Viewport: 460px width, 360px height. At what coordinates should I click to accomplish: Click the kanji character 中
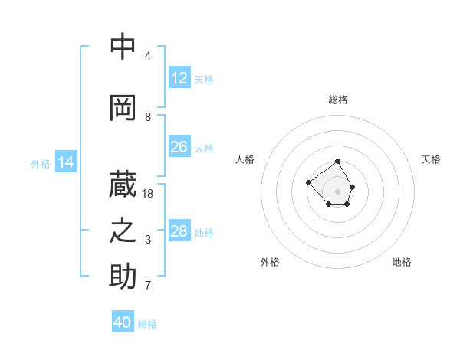tap(123, 47)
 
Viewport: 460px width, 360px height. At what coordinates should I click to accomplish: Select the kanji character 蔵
tap(123, 184)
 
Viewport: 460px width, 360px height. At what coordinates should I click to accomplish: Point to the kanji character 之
tap(123, 231)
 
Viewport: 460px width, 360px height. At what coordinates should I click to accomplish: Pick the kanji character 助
tap(123, 277)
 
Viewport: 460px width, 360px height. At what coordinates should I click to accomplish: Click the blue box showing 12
tap(179, 78)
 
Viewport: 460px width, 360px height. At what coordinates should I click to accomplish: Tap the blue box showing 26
tap(179, 146)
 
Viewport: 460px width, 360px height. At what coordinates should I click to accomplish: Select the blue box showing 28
tap(179, 231)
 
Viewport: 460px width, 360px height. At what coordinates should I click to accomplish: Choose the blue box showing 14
tap(66, 162)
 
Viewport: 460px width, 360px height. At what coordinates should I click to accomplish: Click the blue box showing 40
tap(123, 322)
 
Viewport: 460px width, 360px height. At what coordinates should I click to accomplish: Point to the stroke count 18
tap(148, 194)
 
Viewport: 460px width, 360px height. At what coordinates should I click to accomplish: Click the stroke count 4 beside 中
tap(148, 56)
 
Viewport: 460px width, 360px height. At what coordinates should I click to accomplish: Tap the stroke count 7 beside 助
tap(148, 286)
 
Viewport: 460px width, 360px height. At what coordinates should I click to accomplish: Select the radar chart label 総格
tap(338, 100)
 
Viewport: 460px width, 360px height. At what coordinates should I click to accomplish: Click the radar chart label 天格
tap(431, 159)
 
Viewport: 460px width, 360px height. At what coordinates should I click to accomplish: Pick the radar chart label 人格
tap(245, 159)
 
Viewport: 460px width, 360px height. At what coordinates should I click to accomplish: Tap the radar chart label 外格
tap(270, 262)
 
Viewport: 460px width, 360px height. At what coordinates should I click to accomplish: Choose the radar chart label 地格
tap(402, 262)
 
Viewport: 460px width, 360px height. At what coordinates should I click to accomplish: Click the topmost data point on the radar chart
tap(338, 162)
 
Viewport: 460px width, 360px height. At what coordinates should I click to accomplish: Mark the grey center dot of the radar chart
tap(338, 191)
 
